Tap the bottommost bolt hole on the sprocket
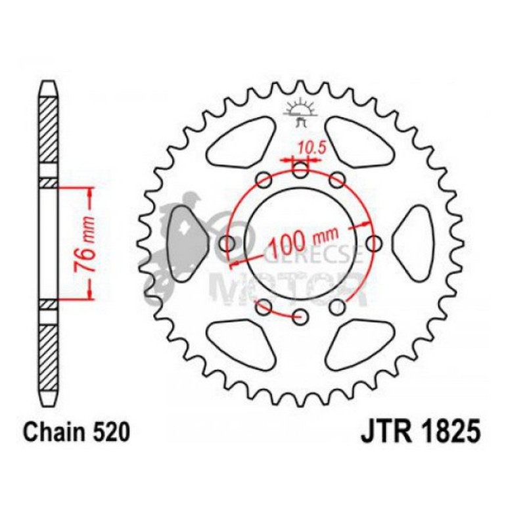pyautogui.click(x=301, y=317)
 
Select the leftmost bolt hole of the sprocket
pyautogui.click(x=228, y=244)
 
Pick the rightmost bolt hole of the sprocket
pyautogui.click(x=374, y=244)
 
